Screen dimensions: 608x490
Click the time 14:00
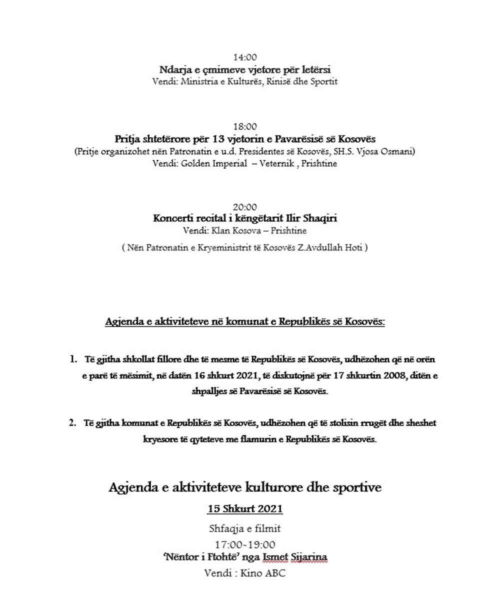(x=245, y=57)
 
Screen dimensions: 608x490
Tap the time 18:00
(x=245, y=127)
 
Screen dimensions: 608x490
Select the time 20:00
(x=245, y=207)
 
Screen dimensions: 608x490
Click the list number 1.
(x=73, y=359)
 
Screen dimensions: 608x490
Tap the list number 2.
(x=72, y=423)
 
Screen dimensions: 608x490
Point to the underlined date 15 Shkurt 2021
(x=245, y=509)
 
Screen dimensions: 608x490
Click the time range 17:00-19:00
(x=245, y=545)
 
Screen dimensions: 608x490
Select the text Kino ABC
(x=263, y=573)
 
